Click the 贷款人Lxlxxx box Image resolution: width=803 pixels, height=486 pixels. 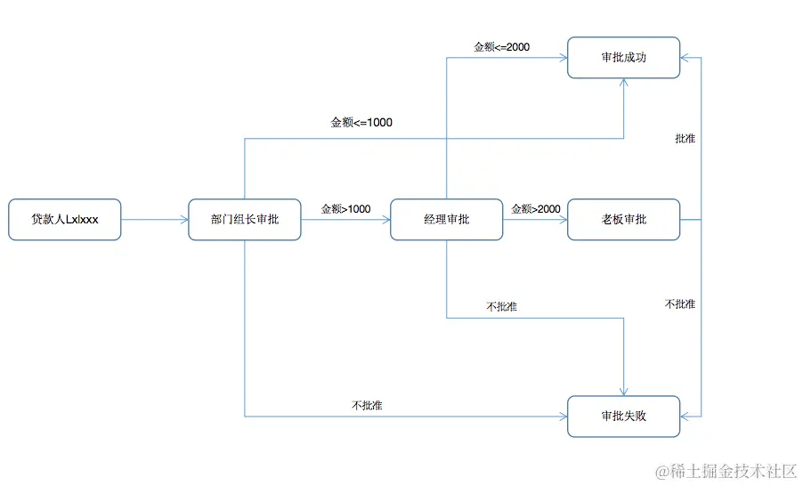64,220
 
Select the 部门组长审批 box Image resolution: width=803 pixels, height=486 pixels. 245,220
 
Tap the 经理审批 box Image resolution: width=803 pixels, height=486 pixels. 446,220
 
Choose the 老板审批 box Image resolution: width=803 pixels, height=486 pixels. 623,220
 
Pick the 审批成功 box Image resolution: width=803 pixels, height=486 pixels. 623,58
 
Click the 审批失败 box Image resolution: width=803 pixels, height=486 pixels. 623,416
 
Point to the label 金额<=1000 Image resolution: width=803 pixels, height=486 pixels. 361,123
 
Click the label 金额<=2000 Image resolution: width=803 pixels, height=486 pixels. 502,46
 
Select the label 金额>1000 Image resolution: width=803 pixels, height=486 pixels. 346,209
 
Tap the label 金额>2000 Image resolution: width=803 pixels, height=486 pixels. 536,209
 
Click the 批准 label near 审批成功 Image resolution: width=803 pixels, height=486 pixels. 685,139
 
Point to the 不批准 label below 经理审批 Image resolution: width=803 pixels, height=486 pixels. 502,307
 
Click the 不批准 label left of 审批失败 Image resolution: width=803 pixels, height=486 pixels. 368,406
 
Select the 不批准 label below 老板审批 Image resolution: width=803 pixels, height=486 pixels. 680,304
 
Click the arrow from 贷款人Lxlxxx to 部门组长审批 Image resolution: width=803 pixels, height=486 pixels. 154,220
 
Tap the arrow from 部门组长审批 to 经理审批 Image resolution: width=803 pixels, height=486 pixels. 345,220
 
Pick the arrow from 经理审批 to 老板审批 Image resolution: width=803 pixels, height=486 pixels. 535,220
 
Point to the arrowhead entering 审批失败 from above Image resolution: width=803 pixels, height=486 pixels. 623,391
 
